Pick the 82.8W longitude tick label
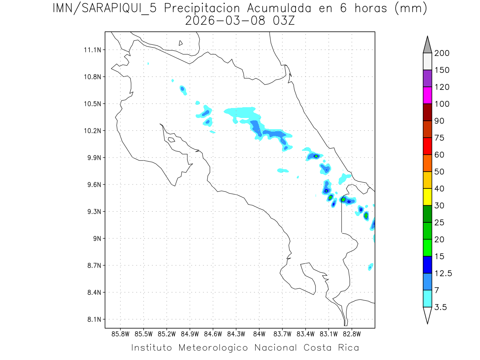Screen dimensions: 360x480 click(x=352, y=334)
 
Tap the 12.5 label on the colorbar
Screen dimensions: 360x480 click(x=443, y=273)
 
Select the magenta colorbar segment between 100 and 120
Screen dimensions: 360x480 click(x=427, y=96)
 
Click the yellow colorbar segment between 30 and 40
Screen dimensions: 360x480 click(x=427, y=197)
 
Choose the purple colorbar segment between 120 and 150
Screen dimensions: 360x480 click(x=427, y=79)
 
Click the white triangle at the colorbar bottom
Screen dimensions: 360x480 click(x=427, y=315)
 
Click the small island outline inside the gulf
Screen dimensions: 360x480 click(x=171, y=140)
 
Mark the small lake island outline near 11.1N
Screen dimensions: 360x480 click(x=181, y=43)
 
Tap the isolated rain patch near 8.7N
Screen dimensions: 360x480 click(x=371, y=267)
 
